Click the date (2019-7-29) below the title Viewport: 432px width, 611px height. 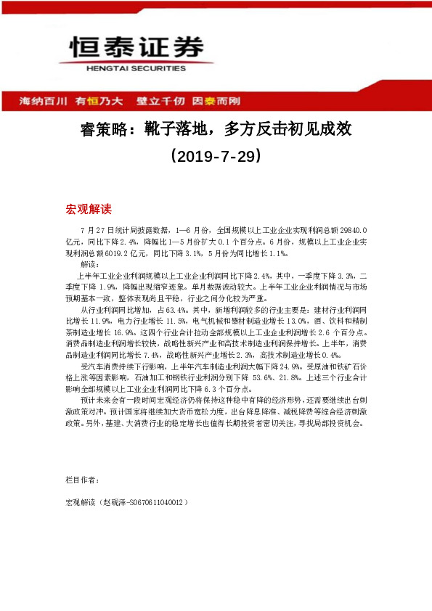pos(215,156)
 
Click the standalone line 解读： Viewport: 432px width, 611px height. pos(91,265)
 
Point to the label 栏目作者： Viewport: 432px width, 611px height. pos(82,480)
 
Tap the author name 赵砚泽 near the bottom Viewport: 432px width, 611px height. pos(114,501)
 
